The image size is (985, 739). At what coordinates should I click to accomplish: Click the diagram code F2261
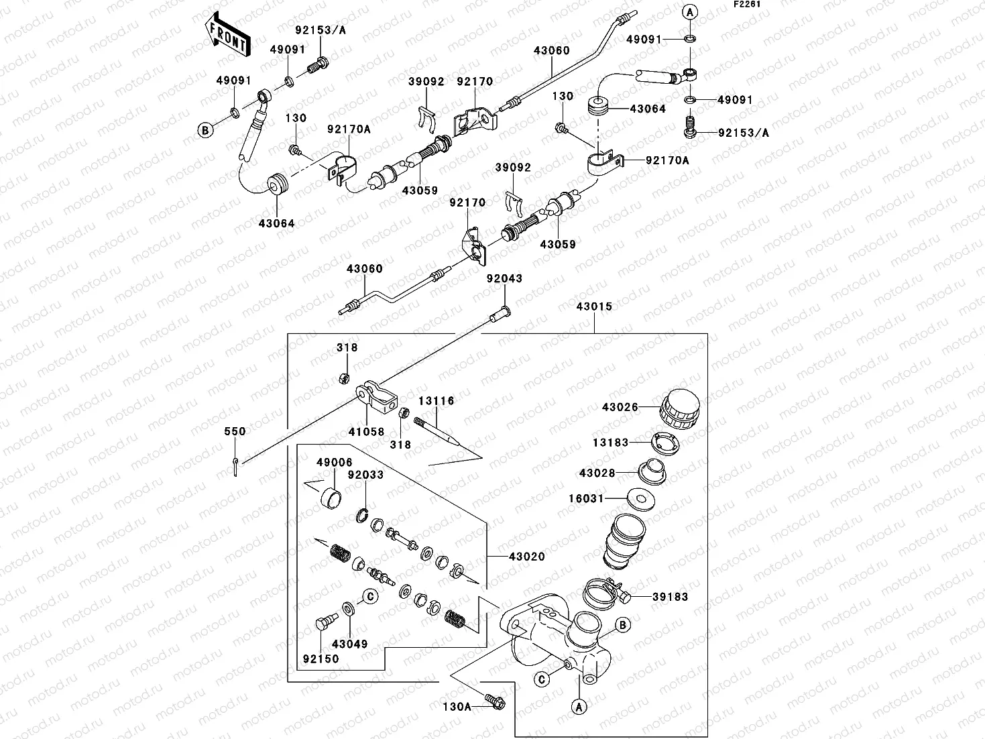point(746,5)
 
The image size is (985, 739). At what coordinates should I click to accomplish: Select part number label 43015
point(594,306)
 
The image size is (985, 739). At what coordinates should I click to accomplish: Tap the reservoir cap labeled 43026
point(679,408)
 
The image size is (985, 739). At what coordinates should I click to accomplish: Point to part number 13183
point(610,442)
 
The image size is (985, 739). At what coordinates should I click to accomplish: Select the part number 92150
point(321,659)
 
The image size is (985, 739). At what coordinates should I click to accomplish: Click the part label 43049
point(350,644)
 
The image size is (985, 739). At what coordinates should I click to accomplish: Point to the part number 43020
point(526,557)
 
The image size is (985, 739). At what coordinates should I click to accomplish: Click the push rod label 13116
point(437,401)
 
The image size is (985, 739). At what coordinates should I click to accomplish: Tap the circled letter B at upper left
point(205,131)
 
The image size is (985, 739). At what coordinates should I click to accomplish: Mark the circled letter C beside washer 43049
point(369,595)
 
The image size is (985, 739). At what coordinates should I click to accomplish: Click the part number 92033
point(365,475)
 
